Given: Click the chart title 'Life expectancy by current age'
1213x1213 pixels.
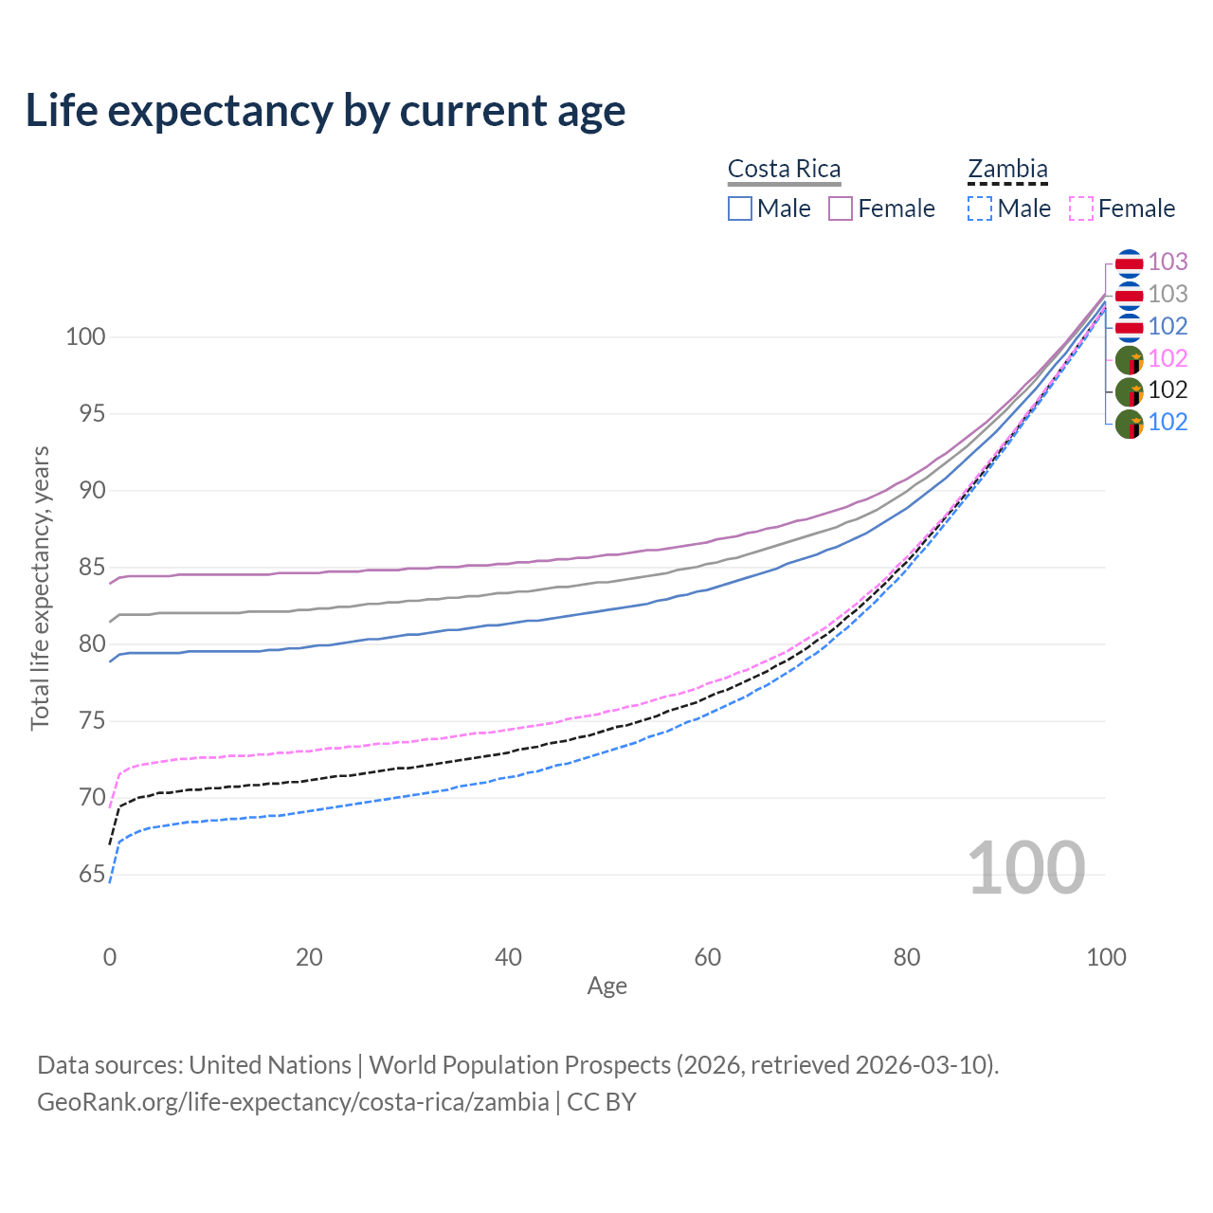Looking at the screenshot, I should [325, 111].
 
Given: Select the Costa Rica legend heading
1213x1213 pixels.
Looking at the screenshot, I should [784, 169].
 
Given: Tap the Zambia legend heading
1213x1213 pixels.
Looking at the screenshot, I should [1007, 169].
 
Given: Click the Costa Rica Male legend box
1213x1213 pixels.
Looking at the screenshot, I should [740, 208].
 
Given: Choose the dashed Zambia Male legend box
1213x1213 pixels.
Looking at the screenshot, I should [980, 208].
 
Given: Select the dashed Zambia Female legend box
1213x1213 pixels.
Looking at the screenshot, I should [1081, 208].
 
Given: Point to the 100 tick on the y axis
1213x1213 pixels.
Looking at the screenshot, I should [85, 336].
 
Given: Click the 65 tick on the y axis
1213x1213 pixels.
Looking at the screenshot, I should [92, 874].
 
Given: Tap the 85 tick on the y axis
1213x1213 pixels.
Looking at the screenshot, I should [92, 567].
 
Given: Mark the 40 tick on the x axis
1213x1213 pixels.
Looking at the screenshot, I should [508, 957].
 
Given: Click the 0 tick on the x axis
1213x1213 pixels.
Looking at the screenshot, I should [110, 957].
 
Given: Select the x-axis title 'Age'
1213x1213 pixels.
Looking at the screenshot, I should [606, 987].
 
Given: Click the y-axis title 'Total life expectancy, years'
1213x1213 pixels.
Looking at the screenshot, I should [40, 588].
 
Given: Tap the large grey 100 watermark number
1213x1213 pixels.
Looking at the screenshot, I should [1026, 868].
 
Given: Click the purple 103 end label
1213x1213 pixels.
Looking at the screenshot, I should [1168, 262].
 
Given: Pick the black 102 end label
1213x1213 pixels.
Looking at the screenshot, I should [1168, 389].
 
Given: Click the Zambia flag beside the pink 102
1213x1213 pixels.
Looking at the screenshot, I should [1129, 359].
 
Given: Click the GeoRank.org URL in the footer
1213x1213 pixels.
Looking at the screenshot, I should [293, 1102].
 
